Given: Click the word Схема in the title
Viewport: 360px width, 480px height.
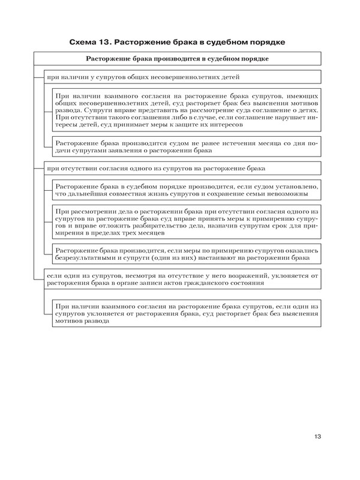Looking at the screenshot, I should [x=84, y=42].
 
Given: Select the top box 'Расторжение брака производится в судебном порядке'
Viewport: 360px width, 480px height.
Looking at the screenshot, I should [x=177, y=59].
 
